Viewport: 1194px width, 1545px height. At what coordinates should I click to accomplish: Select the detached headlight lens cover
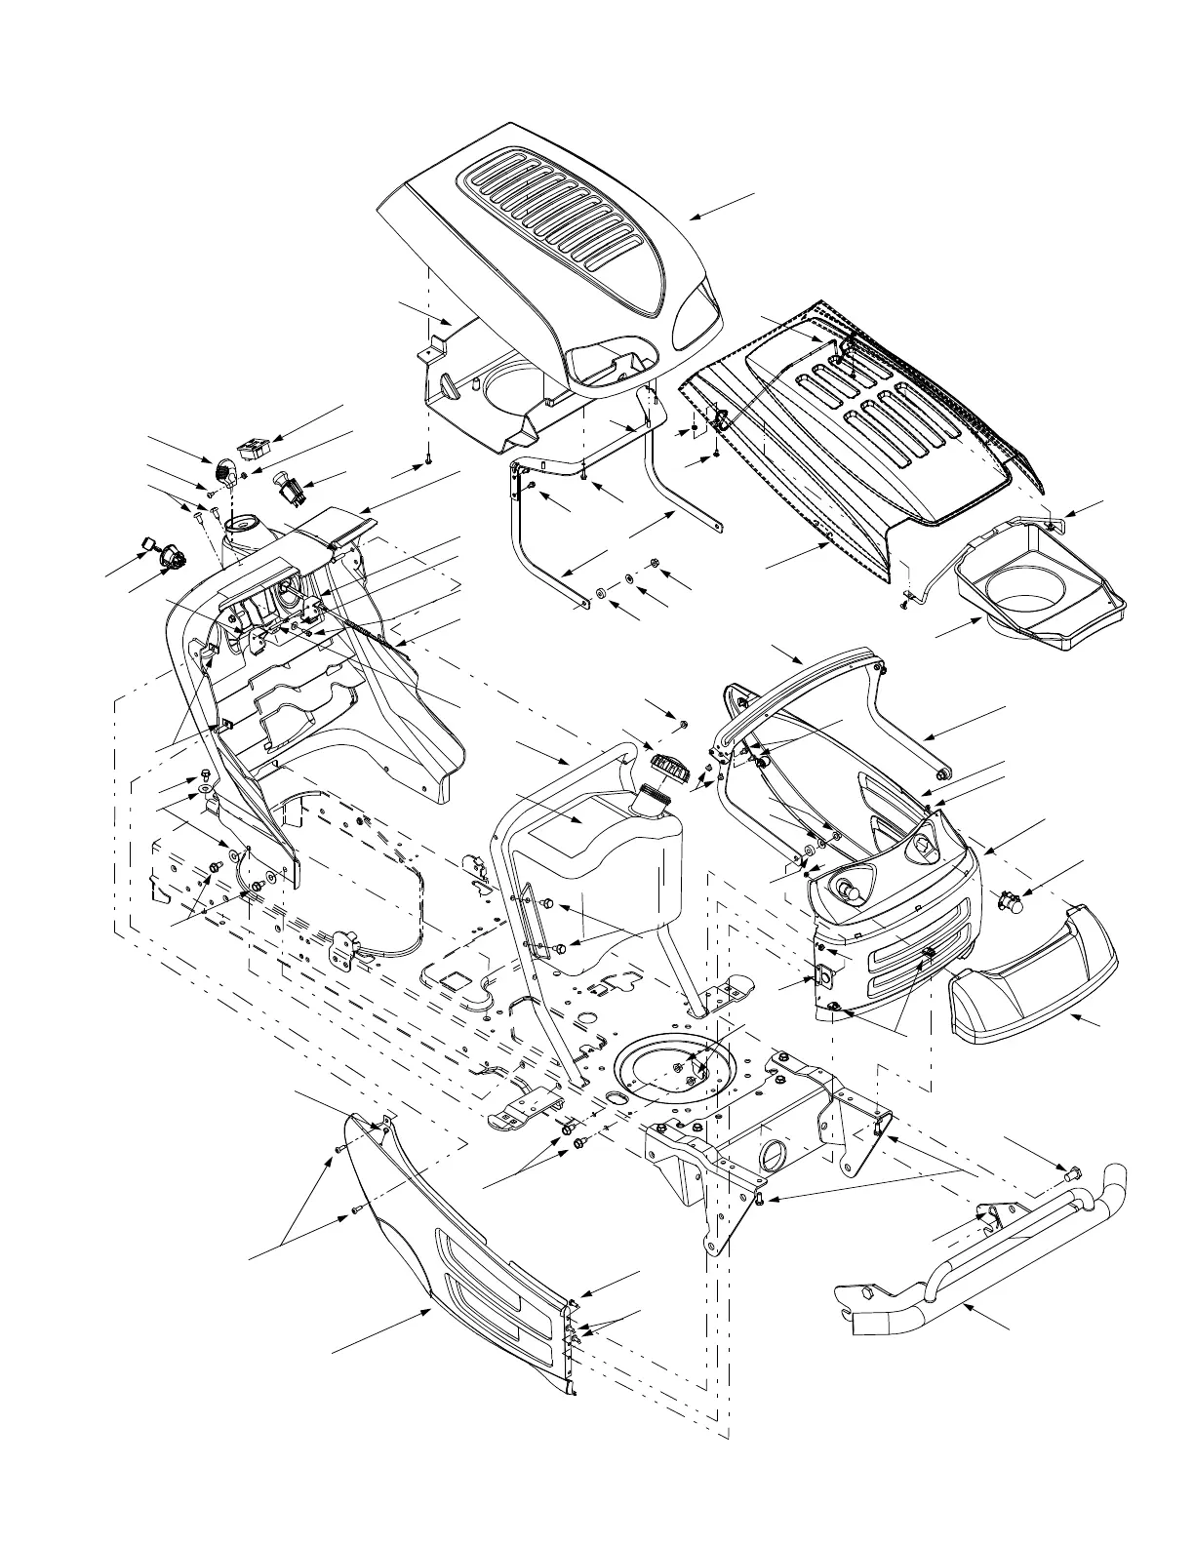pos(1034,975)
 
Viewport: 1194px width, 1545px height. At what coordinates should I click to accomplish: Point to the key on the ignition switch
pos(149,543)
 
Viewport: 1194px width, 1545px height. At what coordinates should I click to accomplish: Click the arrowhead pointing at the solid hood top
pos(692,218)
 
